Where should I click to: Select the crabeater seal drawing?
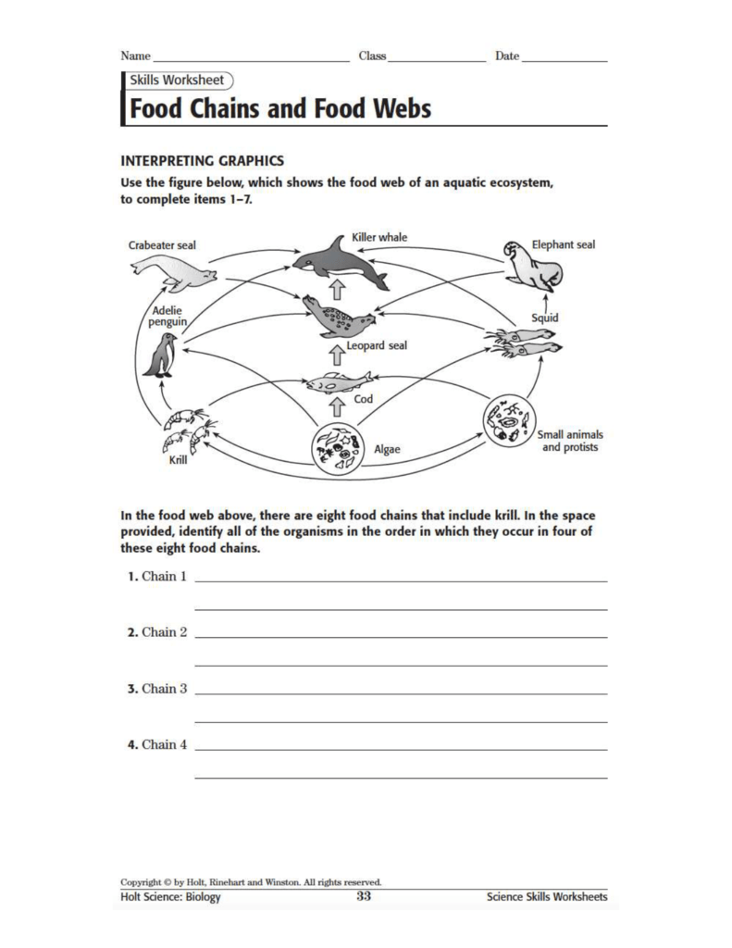pyautogui.click(x=173, y=272)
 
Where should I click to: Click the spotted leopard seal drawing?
pyautogui.click(x=337, y=318)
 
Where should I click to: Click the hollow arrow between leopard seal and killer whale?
pyautogui.click(x=338, y=287)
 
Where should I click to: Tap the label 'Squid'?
pyautogui.click(x=544, y=318)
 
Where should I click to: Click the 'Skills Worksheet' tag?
pyautogui.click(x=178, y=81)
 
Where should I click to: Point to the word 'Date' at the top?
pyautogui.click(x=507, y=56)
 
